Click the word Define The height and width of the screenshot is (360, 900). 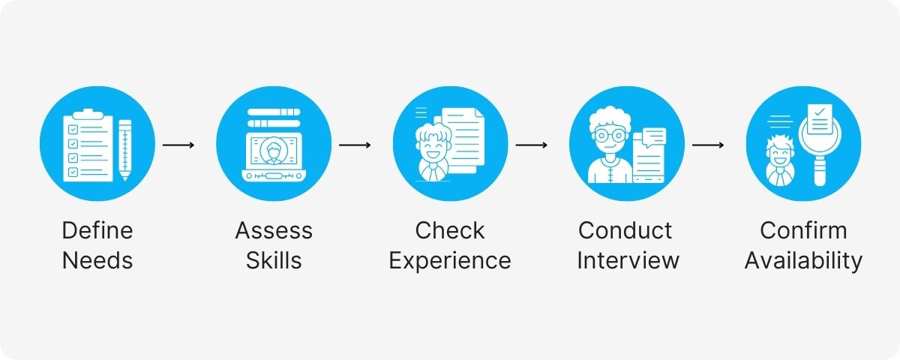97,230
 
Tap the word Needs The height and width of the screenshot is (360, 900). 97,260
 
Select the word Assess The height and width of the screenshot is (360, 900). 274,230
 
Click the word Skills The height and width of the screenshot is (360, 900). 274,260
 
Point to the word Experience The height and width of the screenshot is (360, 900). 450,260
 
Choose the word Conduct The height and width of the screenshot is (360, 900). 626,230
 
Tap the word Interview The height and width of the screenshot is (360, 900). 628,260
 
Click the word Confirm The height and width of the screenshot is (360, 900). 803,230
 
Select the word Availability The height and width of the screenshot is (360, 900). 803,260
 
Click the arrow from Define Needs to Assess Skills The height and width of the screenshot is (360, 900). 178,144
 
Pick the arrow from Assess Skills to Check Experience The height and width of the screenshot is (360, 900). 355,144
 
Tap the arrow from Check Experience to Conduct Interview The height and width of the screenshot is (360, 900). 532,144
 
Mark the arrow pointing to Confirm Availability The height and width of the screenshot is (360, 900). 708,144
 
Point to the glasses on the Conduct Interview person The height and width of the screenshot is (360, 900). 609,136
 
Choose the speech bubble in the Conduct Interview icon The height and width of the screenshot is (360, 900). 653,136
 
